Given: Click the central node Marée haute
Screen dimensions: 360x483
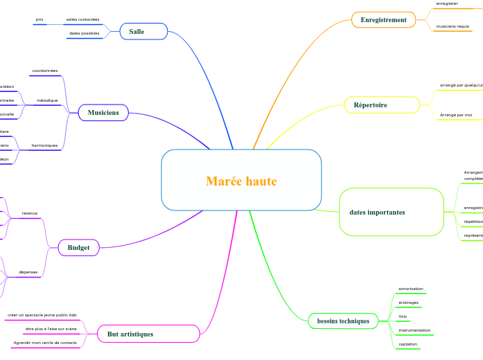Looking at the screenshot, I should [x=241, y=181].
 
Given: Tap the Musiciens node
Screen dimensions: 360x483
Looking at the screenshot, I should [x=103, y=112].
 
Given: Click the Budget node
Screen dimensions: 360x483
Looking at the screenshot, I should [x=79, y=247].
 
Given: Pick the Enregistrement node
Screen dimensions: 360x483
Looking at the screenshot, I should [x=383, y=20].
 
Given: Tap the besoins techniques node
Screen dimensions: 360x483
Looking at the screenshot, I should [x=343, y=321].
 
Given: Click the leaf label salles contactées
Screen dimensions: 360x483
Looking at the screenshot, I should [x=82, y=19].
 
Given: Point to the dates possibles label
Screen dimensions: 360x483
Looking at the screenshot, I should [x=84, y=33].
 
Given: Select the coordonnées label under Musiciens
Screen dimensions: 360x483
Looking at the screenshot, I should [x=45, y=71].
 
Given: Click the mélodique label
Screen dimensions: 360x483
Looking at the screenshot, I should [x=47, y=100].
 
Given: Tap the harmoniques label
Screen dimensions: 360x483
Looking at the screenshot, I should [x=45, y=145].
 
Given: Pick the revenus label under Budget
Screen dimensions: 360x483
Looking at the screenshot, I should [x=30, y=213].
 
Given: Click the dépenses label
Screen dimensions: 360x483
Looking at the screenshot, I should [x=28, y=272].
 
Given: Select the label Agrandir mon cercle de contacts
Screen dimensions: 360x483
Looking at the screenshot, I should [x=45, y=343].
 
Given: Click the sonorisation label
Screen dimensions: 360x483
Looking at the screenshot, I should [x=411, y=289].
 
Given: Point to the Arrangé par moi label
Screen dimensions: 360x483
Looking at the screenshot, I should [x=456, y=114].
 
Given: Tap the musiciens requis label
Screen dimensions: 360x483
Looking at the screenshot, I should [x=453, y=26].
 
